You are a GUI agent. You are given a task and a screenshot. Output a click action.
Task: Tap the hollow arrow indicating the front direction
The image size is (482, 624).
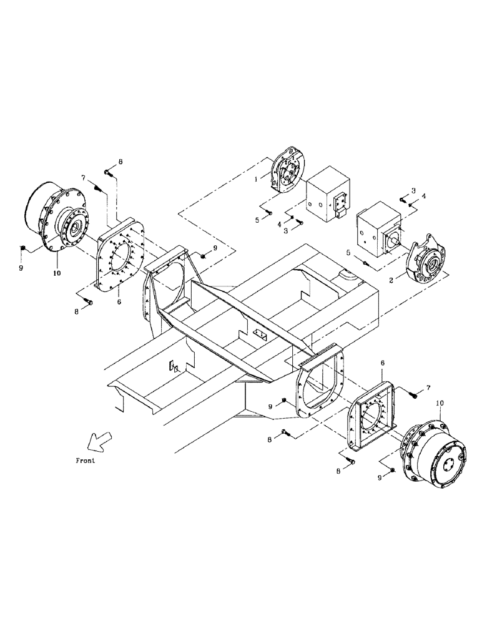(97, 441)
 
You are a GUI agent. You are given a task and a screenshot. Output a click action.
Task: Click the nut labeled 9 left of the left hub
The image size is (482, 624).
(23, 248)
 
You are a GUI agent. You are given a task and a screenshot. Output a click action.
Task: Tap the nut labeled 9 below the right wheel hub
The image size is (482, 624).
(391, 470)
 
